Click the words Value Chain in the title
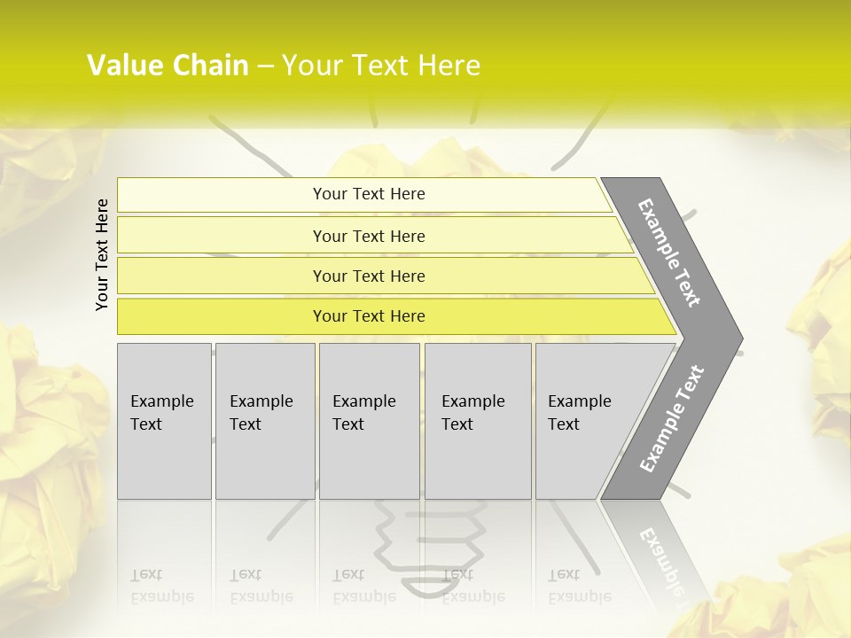168,66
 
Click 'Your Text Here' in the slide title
381,66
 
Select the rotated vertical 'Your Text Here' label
102,255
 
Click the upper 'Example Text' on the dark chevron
669,253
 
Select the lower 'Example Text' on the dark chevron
671,419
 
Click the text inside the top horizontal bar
369,194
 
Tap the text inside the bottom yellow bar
369,316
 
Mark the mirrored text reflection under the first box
161,586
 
